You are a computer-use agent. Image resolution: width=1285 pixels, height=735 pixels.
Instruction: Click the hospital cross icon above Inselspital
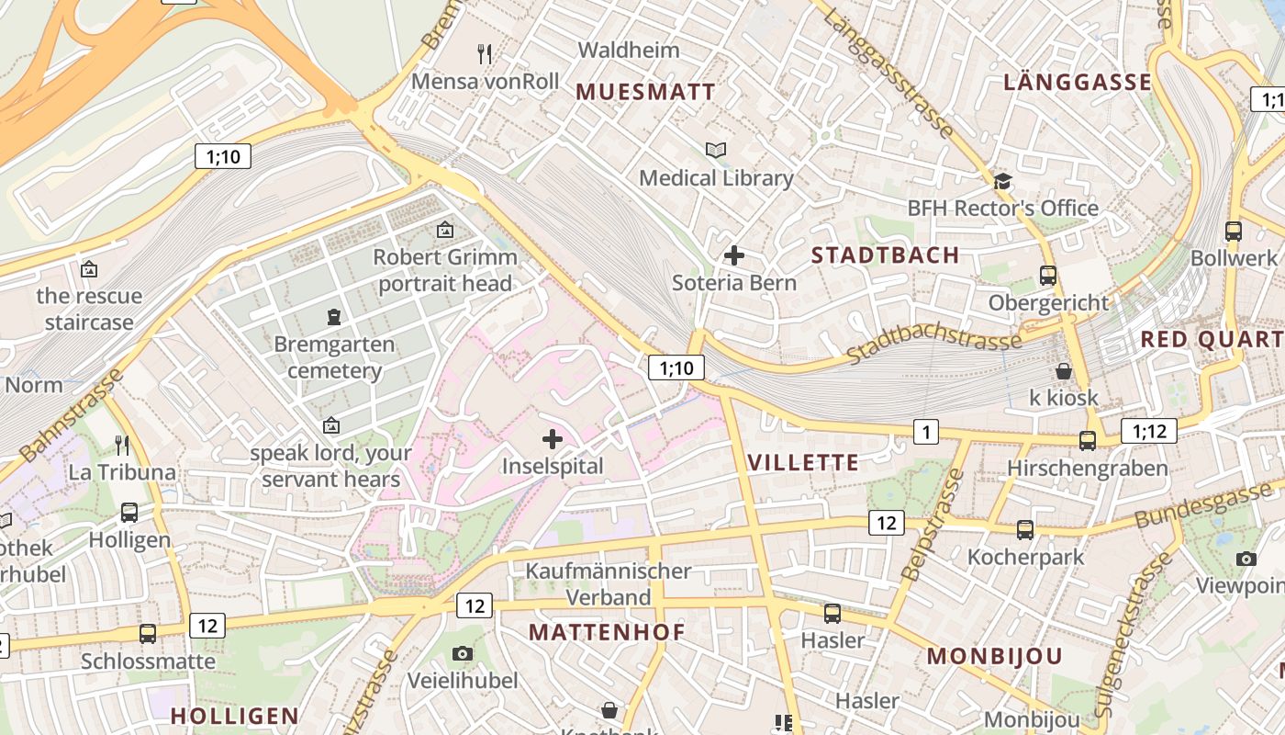(553, 439)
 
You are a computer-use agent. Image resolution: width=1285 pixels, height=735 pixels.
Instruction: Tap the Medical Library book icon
(716, 150)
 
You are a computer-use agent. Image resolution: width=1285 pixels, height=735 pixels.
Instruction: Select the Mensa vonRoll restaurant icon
(486, 54)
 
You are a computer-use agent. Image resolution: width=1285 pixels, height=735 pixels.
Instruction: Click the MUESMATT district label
(645, 92)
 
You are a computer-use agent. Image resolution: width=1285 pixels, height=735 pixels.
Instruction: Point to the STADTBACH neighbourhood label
(885, 254)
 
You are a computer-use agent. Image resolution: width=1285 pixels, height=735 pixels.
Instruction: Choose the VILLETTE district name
(804, 462)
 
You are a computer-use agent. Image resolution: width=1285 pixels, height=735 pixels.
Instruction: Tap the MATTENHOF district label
(607, 632)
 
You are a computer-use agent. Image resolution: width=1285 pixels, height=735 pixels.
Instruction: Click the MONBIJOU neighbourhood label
(994, 656)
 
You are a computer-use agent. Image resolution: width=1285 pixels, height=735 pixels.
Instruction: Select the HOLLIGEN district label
(235, 716)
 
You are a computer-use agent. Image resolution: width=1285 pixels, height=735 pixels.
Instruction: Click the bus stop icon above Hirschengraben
(1088, 441)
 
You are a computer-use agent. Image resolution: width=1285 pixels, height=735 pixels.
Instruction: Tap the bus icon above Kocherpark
(1025, 529)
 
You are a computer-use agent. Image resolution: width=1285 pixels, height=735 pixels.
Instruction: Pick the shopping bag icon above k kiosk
(1064, 371)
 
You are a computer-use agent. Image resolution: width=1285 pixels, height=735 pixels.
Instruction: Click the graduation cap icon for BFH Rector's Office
(1002, 181)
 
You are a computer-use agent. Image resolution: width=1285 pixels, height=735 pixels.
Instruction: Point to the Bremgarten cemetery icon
(334, 317)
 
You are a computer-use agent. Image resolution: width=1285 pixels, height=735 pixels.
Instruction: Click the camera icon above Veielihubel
(463, 653)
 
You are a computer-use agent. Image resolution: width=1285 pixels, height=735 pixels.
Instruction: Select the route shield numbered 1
(926, 432)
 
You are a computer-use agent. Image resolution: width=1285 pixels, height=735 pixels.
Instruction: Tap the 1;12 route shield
(1148, 431)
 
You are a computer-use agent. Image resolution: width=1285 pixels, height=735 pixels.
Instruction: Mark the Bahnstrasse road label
(72, 415)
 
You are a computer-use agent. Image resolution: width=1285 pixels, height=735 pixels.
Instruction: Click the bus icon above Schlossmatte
(148, 633)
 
